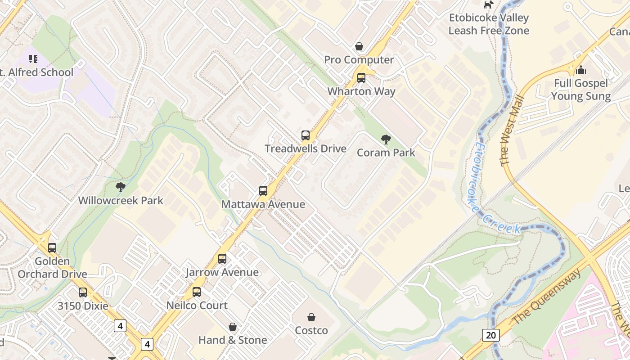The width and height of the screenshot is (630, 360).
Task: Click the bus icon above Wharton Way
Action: [x=361, y=78]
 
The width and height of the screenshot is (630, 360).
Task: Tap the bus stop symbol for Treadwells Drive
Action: [x=306, y=135]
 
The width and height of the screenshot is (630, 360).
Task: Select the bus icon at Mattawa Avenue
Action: [x=263, y=191]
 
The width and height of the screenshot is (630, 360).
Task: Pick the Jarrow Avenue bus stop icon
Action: [x=222, y=259]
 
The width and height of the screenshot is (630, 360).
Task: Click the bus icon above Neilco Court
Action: [x=197, y=292]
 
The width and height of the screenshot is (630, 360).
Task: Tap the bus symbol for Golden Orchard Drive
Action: [x=52, y=247]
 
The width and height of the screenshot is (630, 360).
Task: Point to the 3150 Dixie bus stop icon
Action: [x=83, y=292]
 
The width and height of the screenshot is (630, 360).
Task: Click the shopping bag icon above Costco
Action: [x=311, y=317]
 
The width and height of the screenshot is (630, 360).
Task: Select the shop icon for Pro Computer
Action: [x=359, y=46]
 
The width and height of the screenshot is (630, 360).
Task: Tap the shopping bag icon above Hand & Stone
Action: [x=233, y=327]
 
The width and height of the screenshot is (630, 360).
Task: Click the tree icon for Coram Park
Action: [x=386, y=139]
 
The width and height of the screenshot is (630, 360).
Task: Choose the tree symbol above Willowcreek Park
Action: [x=120, y=187]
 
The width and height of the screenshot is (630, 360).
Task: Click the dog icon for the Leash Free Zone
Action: [x=488, y=4]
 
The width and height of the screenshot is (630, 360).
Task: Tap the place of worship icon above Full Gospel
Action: [x=581, y=70]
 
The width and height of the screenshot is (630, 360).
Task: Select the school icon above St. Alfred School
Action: [x=33, y=59]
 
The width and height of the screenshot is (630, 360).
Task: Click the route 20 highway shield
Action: [x=490, y=335]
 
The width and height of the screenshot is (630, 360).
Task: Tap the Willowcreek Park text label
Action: [x=121, y=200]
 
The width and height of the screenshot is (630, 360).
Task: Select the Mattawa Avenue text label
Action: [x=263, y=204]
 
